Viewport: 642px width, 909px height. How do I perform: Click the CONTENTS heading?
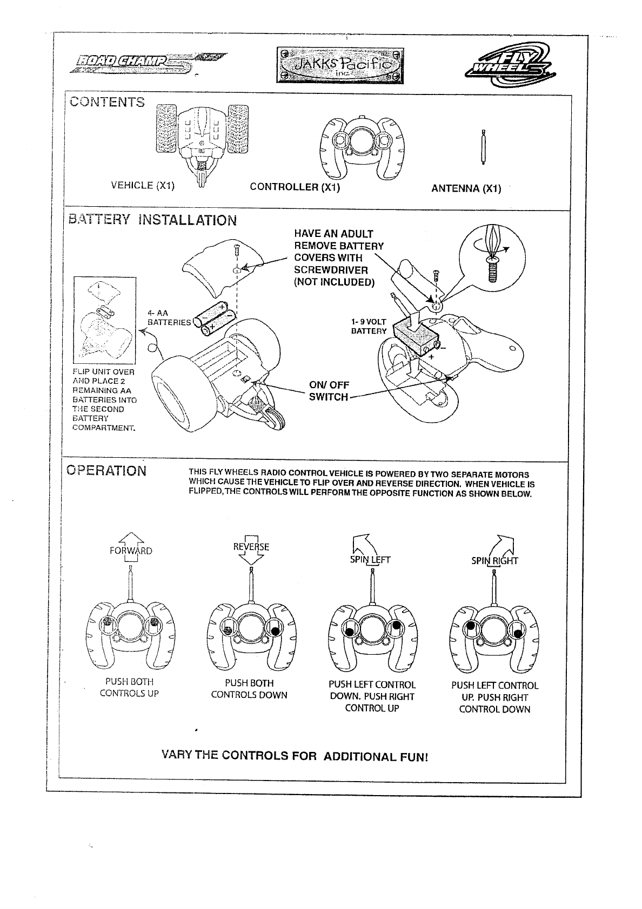(x=106, y=102)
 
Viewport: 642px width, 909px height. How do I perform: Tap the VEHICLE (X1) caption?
(x=143, y=185)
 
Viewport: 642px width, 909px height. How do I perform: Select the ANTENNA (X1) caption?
(x=466, y=188)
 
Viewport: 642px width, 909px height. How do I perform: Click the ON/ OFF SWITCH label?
(x=329, y=391)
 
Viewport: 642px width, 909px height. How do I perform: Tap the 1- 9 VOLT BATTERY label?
(x=369, y=327)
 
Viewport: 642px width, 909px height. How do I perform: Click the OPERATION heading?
(x=106, y=470)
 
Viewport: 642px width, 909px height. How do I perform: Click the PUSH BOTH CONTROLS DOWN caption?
(x=249, y=689)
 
